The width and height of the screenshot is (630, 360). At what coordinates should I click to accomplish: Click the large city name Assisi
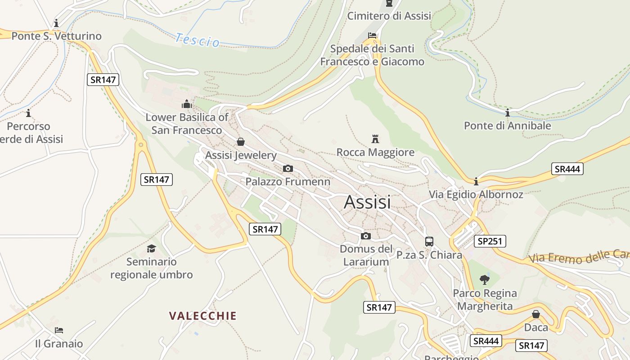click(367, 202)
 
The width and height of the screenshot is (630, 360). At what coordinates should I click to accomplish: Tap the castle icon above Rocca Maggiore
click(375, 139)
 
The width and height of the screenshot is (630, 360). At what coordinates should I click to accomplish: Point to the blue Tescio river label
click(198, 40)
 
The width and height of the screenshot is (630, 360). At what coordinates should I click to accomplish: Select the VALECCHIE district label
click(203, 316)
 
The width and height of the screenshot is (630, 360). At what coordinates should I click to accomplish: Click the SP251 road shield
click(490, 241)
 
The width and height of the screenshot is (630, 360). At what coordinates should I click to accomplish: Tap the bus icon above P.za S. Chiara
click(429, 241)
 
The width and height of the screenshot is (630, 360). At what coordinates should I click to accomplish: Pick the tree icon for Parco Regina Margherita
click(485, 280)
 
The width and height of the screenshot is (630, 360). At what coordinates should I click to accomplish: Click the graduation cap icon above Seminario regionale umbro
click(151, 248)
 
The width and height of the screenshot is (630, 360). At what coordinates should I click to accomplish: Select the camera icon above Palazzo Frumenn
click(288, 169)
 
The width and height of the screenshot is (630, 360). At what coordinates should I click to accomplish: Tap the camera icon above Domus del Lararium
click(366, 236)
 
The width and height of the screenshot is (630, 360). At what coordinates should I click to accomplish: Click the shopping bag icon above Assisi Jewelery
click(241, 142)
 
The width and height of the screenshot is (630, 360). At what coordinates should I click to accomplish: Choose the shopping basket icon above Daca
click(536, 314)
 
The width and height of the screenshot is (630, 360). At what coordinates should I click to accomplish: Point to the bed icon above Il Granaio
click(59, 330)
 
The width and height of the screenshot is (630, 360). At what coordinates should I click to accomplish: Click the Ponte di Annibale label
click(508, 126)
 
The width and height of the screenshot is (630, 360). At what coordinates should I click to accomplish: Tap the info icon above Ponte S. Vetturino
click(56, 23)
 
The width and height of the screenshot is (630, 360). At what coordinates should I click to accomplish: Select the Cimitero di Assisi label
click(389, 16)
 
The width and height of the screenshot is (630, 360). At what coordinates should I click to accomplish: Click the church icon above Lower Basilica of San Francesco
click(187, 104)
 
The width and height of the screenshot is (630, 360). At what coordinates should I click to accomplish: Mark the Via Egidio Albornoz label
click(476, 194)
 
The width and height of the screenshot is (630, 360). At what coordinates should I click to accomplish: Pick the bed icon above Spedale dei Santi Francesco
click(372, 35)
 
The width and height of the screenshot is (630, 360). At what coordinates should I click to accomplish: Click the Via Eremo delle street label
click(579, 257)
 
